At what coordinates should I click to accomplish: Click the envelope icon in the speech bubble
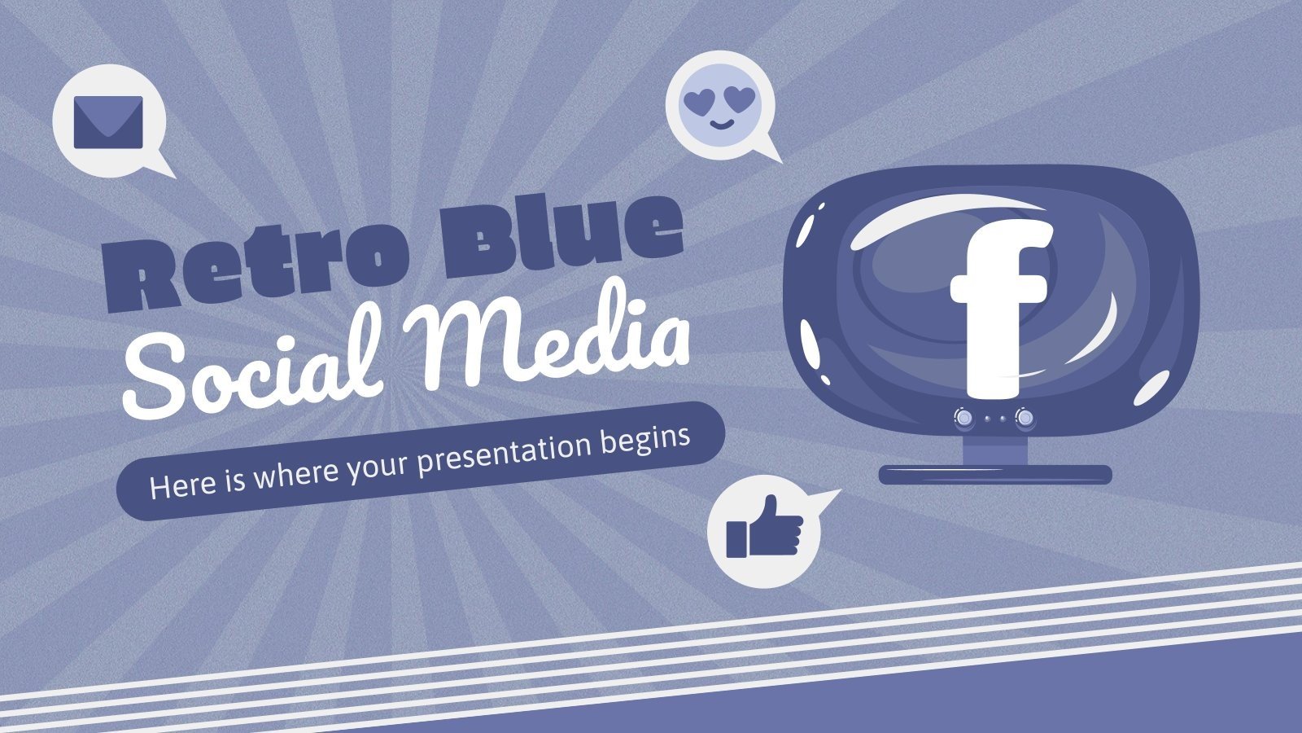click(x=108, y=122)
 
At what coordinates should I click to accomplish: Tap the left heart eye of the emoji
click(x=697, y=102)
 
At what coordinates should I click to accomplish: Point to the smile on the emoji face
click(x=718, y=125)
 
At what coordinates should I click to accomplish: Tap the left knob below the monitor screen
click(x=963, y=418)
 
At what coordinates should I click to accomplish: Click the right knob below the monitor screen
click(x=1025, y=418)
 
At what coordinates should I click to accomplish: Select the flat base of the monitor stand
click(x=995, y=474)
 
